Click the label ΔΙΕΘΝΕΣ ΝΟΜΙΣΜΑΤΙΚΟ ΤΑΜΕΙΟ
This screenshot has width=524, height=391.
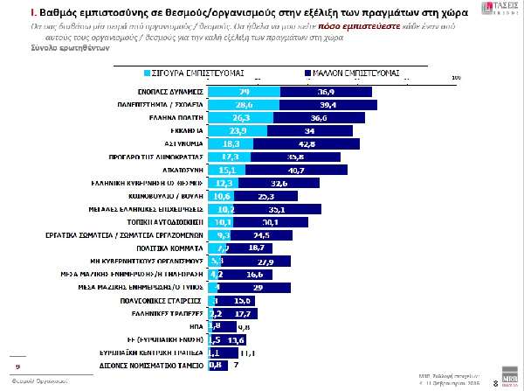(157, 365)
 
